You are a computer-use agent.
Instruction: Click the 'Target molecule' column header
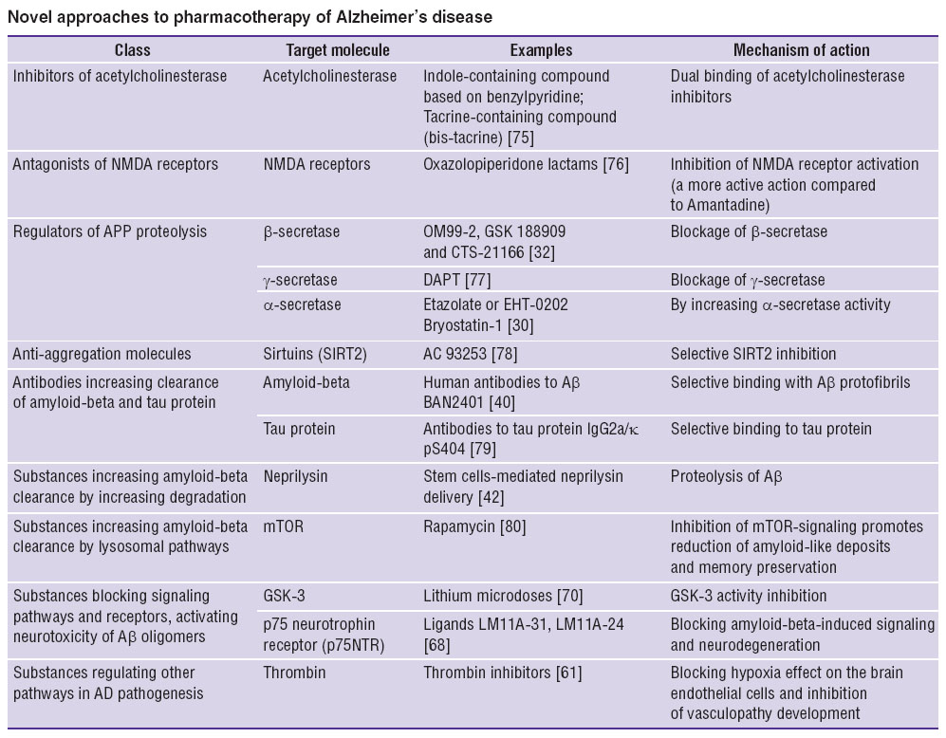(337, 50)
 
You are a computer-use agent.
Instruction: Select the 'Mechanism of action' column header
(801, 50)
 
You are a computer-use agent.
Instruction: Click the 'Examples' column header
(541, 50)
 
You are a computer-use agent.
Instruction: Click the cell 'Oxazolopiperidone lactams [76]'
(526, 164)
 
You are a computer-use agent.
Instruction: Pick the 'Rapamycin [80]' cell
(474, 526)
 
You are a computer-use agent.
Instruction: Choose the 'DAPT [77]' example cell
(456, 280)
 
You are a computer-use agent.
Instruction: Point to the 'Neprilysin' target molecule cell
(295, 476)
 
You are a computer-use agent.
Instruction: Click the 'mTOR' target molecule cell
(283, 526)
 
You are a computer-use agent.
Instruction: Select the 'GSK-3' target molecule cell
(284, 596)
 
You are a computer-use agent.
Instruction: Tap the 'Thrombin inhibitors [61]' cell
(503, 673)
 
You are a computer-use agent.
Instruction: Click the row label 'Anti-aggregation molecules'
(102, 354)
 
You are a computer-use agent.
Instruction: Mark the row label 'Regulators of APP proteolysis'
(110, 231)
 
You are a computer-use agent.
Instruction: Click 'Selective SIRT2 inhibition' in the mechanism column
(753, 354)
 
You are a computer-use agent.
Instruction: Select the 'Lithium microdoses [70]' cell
(503, 596)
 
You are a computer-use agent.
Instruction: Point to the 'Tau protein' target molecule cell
(299, 429)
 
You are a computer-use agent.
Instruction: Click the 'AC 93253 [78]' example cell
(470, 354)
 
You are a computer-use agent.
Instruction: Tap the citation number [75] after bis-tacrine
(521, 138)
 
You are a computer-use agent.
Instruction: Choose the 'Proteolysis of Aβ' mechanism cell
(727, 476)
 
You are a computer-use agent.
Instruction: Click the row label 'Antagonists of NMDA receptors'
(115, 164)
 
